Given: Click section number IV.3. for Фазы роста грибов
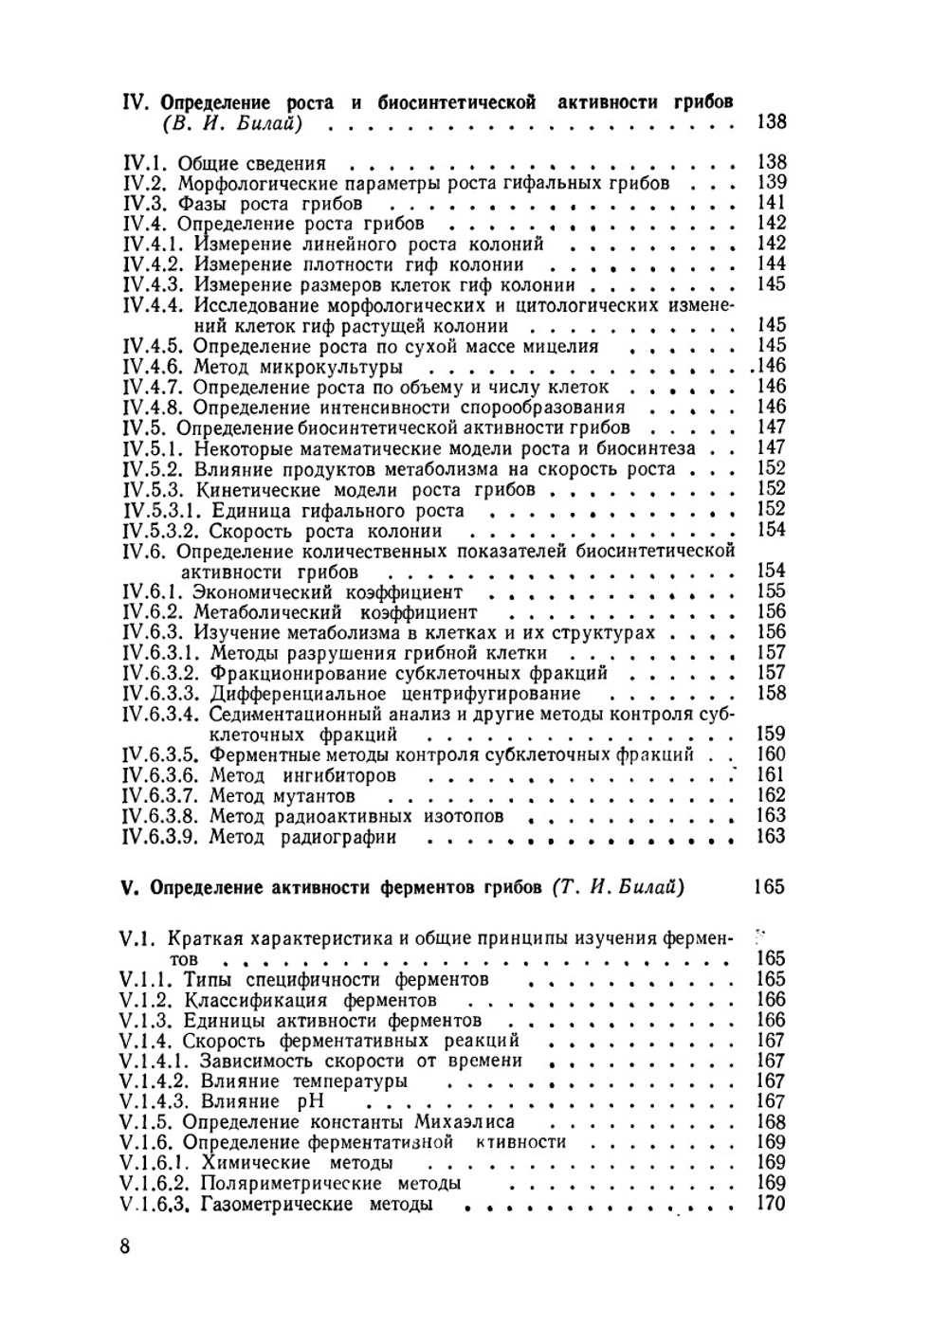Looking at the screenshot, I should click(x=146, y=204).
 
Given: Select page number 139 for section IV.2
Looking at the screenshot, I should click(x=772, y=182).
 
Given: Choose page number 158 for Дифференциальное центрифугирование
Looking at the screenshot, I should click(x=772, y=693).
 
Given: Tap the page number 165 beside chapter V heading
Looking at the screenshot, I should click(x=768, y=887).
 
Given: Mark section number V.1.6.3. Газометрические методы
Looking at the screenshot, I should click(x=157, y=1205).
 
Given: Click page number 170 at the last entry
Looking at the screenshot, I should click(x=772, y=1204).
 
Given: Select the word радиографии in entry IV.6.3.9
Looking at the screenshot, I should click(x=337, y=837).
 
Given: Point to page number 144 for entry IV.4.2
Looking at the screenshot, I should click(x=772, y=263).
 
